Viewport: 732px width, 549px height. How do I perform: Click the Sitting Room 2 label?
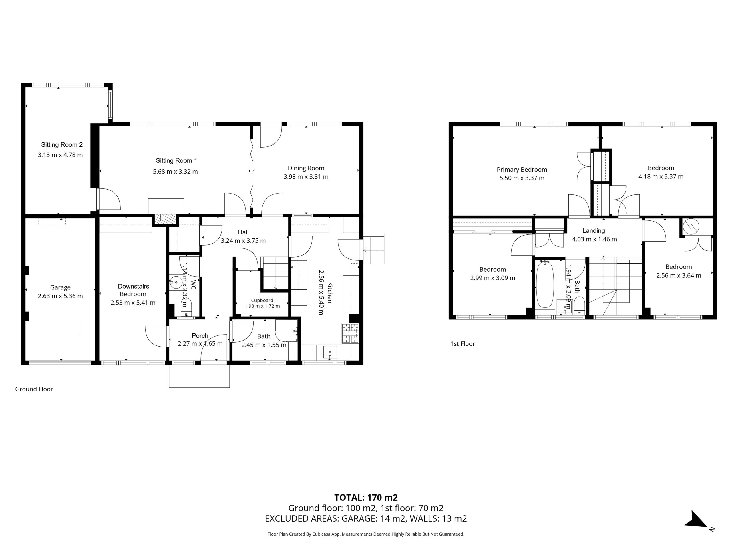pos(62,145)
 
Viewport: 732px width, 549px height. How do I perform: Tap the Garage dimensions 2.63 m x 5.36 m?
pos(60,296)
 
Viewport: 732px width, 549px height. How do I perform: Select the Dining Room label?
pos(306,168)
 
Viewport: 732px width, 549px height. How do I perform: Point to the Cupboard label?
pos(262,300)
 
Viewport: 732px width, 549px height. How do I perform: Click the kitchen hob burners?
pos(350,333)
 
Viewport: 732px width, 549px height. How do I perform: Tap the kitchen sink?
pos(330,353)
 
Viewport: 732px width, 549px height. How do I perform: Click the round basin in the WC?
pos(176,283)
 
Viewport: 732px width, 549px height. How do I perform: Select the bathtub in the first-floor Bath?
pos(545,285)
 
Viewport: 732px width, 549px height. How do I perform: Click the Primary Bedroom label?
pos(522,170)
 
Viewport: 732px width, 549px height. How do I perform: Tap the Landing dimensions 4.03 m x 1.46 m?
pos(594,239)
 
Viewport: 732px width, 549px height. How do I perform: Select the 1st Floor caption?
pos(463,344)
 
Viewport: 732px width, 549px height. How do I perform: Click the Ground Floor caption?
pos(34,389)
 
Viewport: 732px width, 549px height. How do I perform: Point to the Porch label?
pos(200,336)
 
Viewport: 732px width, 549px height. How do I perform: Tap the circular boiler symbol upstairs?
pos(691,226)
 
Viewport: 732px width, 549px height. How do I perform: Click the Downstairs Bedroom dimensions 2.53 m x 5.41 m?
pos(133,303)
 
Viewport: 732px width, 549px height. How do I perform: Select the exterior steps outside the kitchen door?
pos(374,249)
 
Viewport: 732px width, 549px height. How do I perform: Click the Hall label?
pos(243,232)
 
